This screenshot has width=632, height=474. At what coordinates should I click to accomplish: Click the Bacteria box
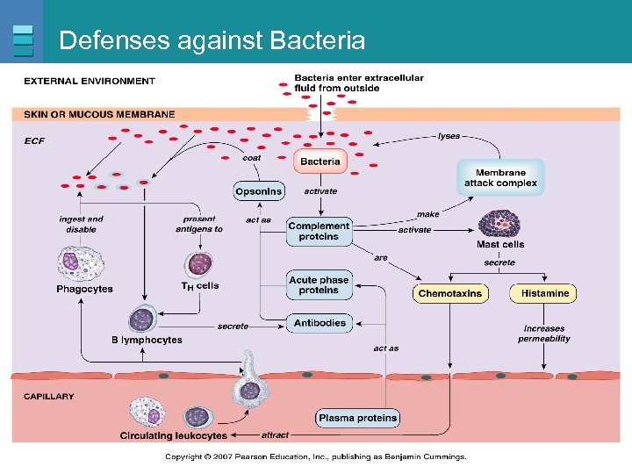(x=320, y=162)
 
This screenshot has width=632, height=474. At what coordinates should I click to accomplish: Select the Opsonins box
(x=259, y=191)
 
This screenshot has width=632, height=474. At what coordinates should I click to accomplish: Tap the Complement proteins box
(x=320, y=231)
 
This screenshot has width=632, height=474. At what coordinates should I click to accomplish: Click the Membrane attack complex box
(x=500, y=178)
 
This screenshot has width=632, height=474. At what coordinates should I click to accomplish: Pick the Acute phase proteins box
(x=320, y=285)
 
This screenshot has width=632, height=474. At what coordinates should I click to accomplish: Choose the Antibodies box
(x=320, y=323)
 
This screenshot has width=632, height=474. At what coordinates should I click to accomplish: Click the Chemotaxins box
(x=450, y=293)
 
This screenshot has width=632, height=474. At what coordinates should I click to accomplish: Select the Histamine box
(x=544, y=293)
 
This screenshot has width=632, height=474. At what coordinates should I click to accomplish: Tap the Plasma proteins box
(x=358, y=418)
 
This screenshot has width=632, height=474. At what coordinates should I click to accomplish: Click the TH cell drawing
(x=200, y=262)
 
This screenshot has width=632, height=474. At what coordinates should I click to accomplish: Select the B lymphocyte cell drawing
(x=142, y=320)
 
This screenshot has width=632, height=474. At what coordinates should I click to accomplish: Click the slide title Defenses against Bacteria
(x=212, y=40)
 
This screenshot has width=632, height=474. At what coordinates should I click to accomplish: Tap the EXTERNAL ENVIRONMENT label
(x=90, y=81)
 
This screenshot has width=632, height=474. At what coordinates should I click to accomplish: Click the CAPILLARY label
(x=49, y=397)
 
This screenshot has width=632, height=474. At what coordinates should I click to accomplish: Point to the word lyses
(x=449, y=136)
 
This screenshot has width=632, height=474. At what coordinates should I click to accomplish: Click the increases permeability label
(x=544, y=334)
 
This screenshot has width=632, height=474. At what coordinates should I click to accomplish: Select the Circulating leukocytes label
(x=173, y=435)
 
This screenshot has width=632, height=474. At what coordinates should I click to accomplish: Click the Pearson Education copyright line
(x=316, y=456)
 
